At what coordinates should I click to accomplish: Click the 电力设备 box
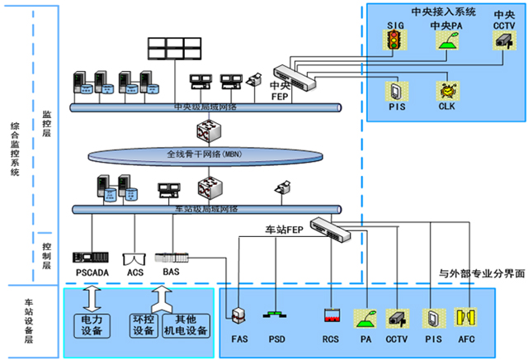92,324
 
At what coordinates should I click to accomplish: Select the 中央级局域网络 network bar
206,107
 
